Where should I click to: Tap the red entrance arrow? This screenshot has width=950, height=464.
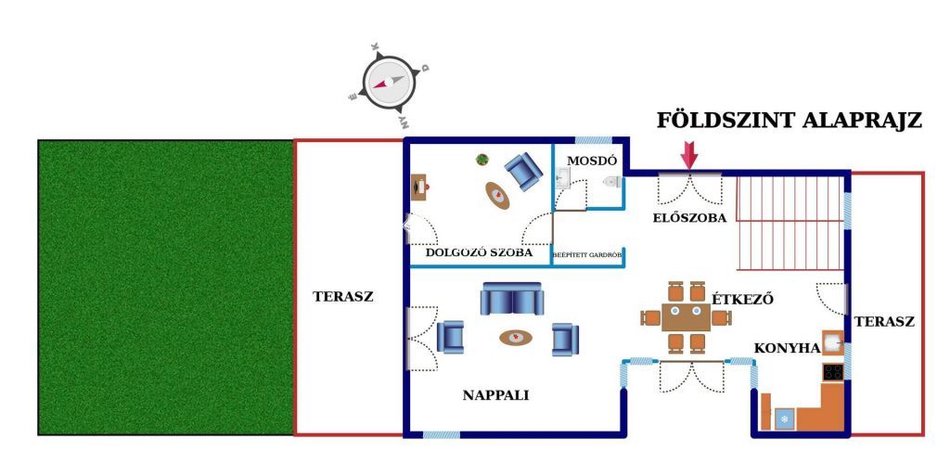(688, 154)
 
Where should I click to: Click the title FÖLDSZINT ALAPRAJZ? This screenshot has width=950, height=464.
(789, 122)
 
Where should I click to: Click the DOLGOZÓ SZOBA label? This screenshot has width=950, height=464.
(478, 252)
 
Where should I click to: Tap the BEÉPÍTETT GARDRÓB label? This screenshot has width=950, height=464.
(587, 252)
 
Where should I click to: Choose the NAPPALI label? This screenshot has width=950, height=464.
(495, 394)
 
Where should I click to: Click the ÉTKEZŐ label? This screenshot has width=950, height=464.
(742, 299)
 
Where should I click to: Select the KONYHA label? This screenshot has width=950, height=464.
(787, 348)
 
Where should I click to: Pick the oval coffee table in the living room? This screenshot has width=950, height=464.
(517, 338)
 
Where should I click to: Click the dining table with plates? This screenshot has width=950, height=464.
(686, 317)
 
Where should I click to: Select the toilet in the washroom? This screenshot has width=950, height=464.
(610, 182)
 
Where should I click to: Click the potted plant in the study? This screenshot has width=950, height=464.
(482, 160)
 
